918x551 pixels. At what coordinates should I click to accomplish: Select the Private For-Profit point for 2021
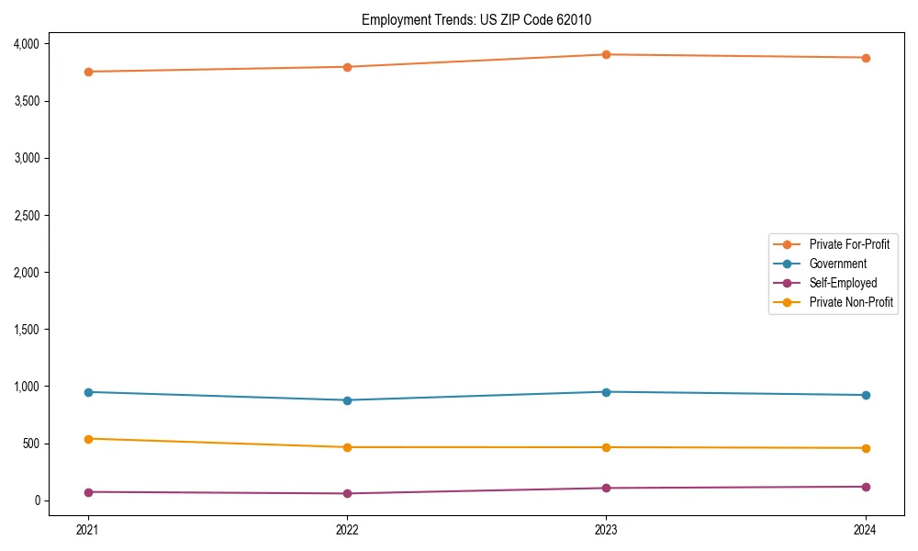tap(88, 72)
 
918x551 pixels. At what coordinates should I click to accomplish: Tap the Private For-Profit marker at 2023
tap(606, 54)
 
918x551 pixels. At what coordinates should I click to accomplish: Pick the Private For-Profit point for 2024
tap(866, 58)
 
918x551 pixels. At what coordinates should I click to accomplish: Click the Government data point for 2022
tap(347, 400)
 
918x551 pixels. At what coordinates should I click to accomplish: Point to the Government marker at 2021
tap(88, 392)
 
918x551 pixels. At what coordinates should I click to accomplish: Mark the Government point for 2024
tap(866, 395)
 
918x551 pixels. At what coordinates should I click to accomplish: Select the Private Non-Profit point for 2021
tap(88, 439)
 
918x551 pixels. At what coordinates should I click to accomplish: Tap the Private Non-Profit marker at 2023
tap(606, 447)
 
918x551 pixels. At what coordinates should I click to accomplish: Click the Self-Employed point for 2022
tap(347, 493)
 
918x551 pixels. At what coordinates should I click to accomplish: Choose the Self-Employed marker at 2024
tap(866, 487)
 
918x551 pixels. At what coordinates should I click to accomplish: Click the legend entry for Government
tap(837, 264)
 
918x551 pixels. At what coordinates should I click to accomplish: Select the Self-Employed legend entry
tap(843, 283)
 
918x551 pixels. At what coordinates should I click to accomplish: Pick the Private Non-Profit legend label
tap(851, 302)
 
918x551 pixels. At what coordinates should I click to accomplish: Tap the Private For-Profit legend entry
tap(849, 244)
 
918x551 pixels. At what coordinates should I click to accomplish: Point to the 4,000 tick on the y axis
tap(26, 44)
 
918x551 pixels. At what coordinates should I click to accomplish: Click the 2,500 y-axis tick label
tap(26, 216)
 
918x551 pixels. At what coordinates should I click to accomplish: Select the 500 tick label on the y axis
tap(31, 444)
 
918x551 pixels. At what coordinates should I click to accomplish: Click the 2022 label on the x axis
tap(347, 530)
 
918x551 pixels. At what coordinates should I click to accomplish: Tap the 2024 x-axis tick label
tap(866, 530)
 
